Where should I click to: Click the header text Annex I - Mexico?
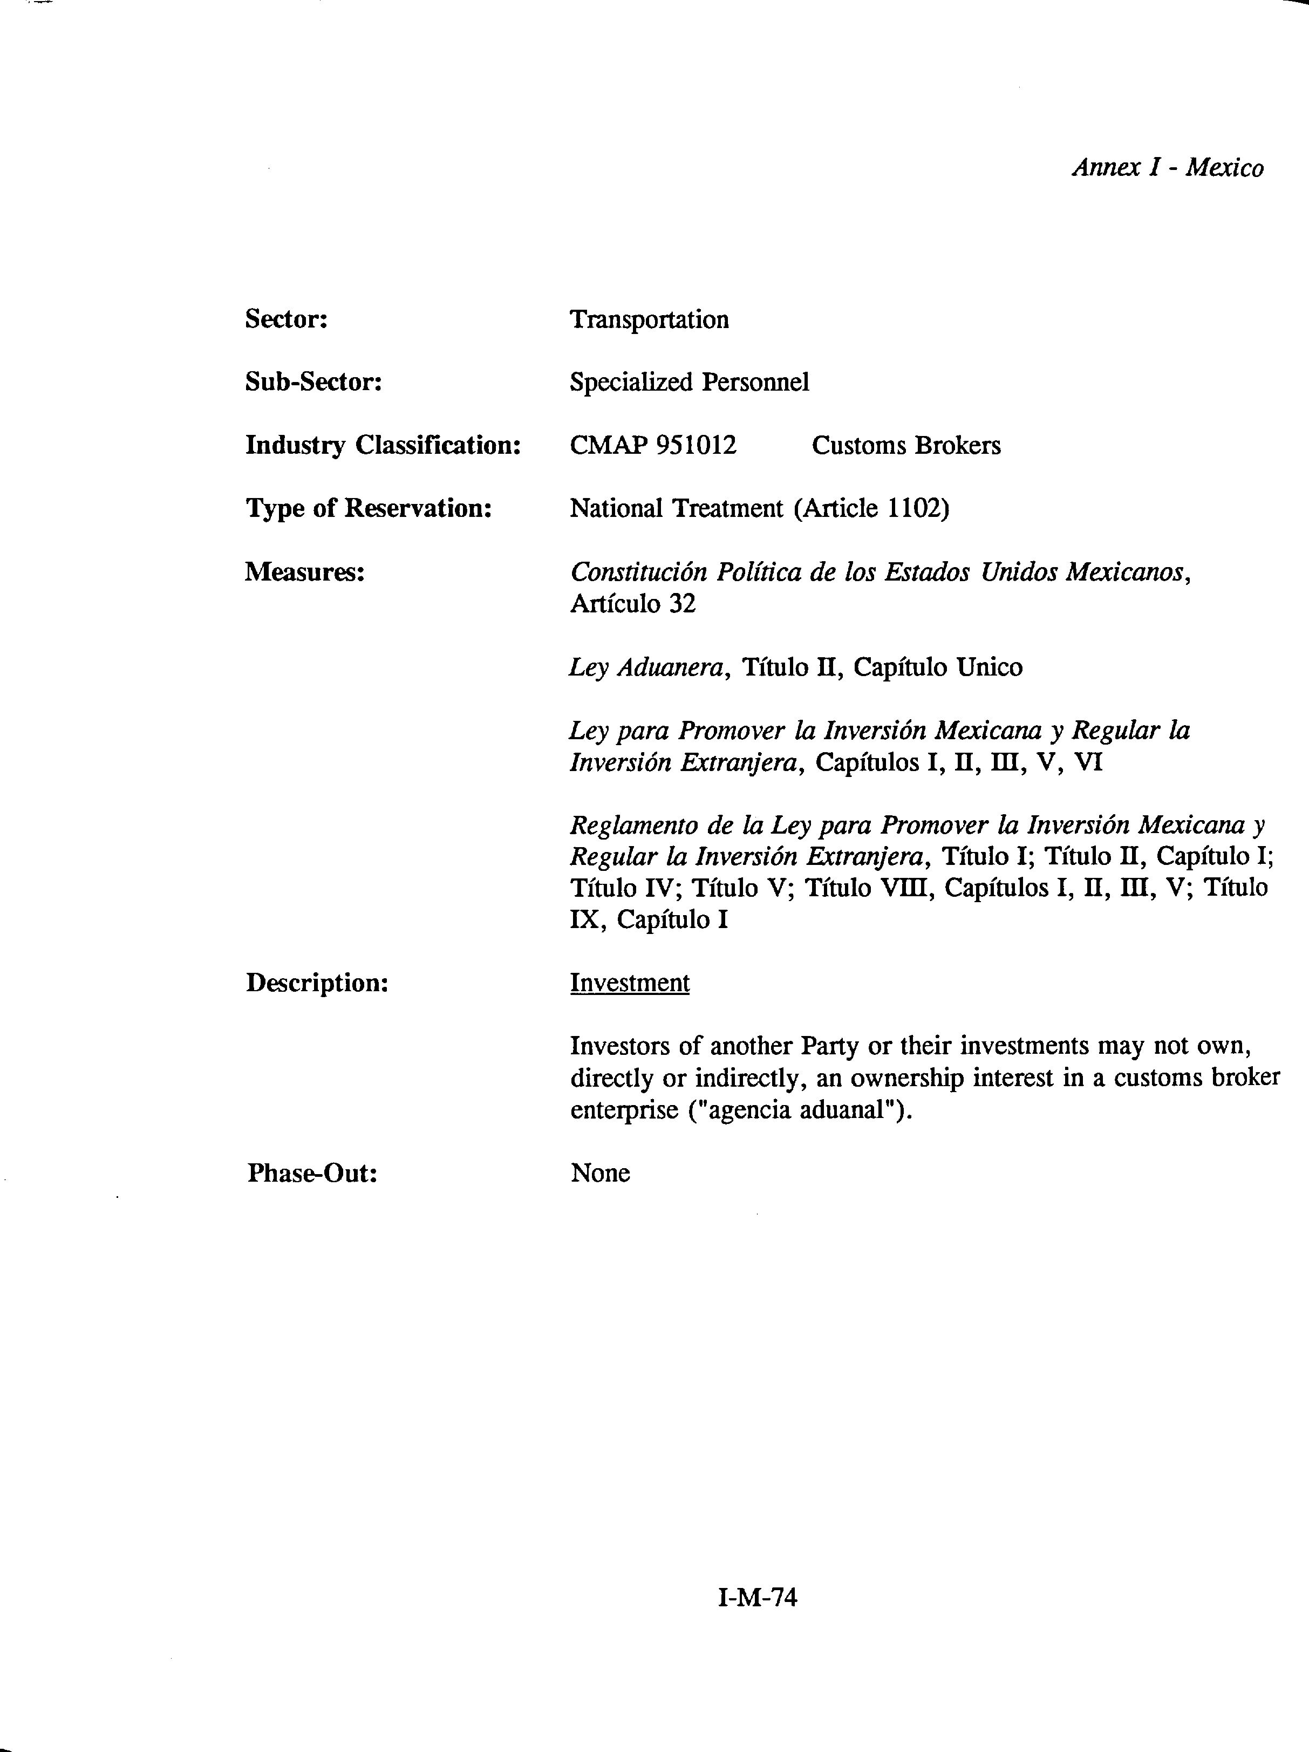pyautogui.click(x=1167, y=168)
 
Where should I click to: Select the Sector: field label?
pyautogui.click(x=286, y=319)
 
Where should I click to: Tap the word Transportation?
pyautogui.click(x=649, y=319)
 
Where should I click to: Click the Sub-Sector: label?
pyautogui.click(x=313, y=382)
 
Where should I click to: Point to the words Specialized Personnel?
pyautogui.click(x=689, y=382)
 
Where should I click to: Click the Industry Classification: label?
pyautogui.click(x=383, y=445)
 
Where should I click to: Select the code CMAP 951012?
pyautogui.click(x=652, y=445)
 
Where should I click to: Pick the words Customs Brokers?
pyautogui.click(x=906, y=445)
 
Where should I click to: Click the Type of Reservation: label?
pyautogui.click(x=368, y=508)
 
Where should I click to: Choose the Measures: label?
pyautogui.click(x=304, y=571)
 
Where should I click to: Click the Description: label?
pyautogui.click(x=317, y=983)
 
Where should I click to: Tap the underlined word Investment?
pyautogui.click(x=630, y=983)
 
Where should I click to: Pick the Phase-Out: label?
pyautogui.click(x=312, y=1173)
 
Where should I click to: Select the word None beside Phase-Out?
pyautogui.click(x=600, y=1173)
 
